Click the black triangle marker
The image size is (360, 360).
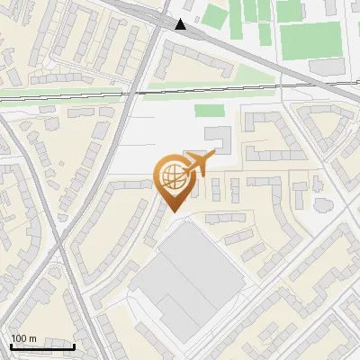(182, 24)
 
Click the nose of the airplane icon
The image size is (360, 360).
(213, 157)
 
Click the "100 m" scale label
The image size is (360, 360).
(24, 339)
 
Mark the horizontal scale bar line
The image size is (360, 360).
(42, 346)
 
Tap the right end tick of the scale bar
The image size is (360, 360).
(74, 346)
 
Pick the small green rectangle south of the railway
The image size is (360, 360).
(209, 111)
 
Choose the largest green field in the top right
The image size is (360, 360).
(310, 40)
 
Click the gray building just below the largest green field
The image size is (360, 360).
(328, 67)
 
